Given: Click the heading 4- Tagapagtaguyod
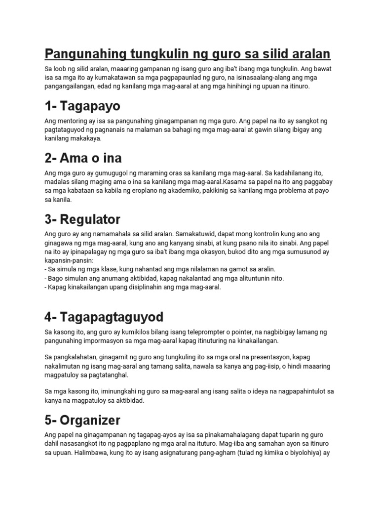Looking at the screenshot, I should (104, 316).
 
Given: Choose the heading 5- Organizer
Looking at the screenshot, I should (82, 421).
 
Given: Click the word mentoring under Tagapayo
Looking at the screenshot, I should (73, 121).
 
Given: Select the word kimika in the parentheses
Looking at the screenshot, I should (270, 452).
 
